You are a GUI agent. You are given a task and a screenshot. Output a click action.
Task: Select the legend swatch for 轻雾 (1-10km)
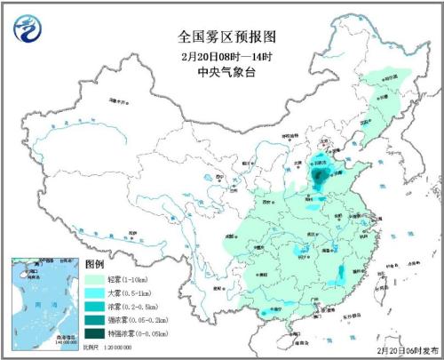click(x=96, y=280)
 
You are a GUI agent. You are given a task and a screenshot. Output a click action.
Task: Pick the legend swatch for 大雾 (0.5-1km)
click(x=96, y=294)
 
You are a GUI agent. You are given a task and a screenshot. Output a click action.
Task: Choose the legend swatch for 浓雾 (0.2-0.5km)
click(x=96, y=308)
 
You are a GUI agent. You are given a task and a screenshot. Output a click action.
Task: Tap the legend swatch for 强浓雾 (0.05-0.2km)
click(x=96, y=321)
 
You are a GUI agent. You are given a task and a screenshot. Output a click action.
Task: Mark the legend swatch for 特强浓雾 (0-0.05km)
click(x=96, y=335)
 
